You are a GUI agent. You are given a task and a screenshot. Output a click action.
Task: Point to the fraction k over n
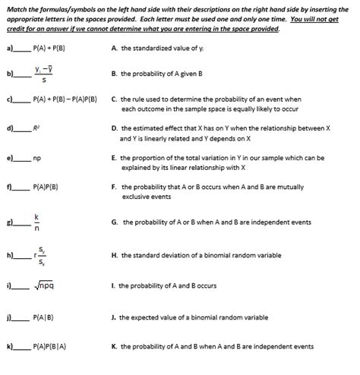36,222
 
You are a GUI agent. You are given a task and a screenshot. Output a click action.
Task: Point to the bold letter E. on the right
113,157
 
